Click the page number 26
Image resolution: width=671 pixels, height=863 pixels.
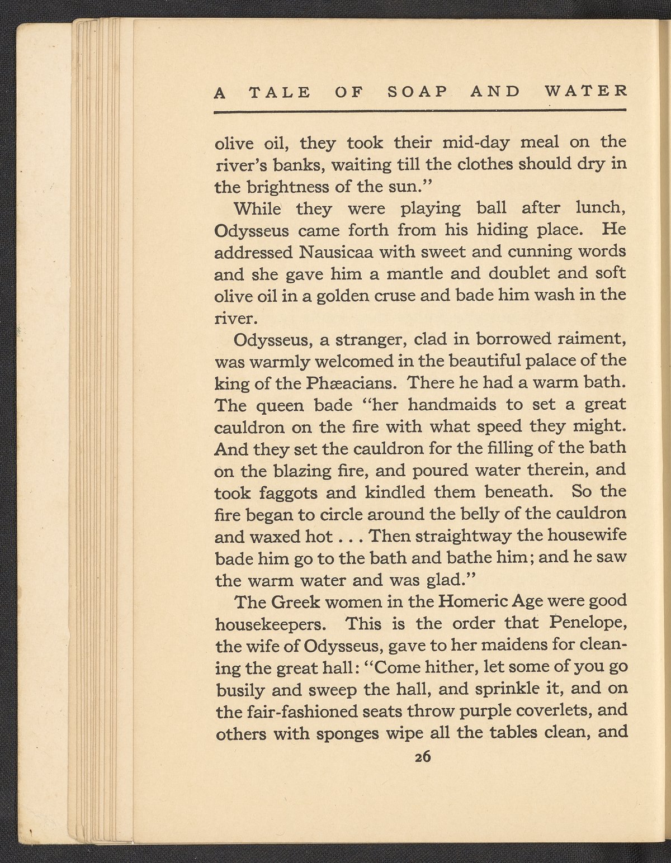(422, 758)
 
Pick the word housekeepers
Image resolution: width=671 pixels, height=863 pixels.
(275, 623)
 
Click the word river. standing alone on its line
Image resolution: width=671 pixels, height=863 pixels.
(236, 318)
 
